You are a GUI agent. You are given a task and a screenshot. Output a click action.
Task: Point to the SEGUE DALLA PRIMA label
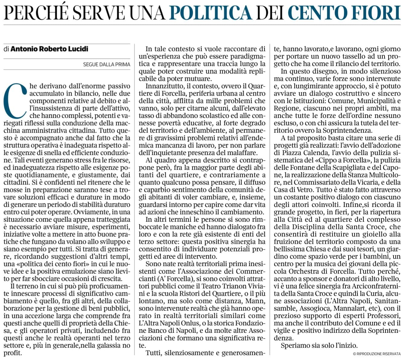(x=107, y=64)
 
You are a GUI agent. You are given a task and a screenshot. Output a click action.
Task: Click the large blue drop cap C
(x=16, y=99)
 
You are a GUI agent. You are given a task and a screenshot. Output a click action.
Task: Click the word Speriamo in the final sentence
(x=295, y=346)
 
